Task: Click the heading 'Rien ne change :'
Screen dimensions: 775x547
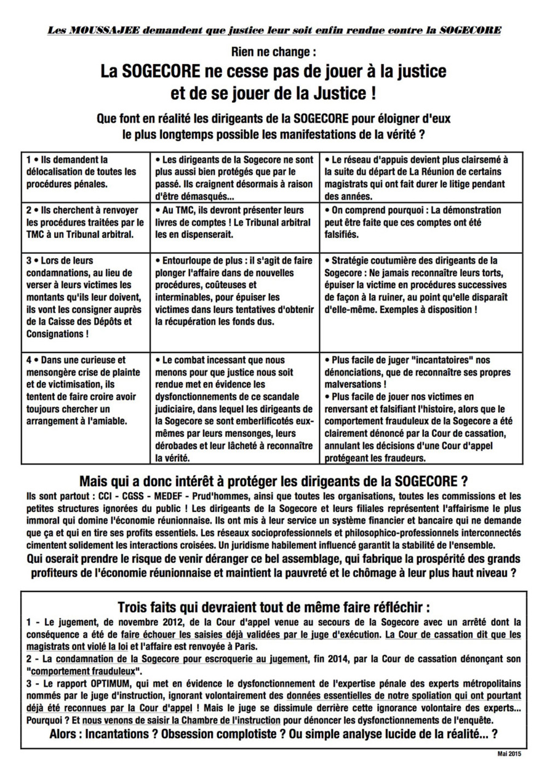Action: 273,53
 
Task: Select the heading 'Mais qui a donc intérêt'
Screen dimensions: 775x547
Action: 273,481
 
